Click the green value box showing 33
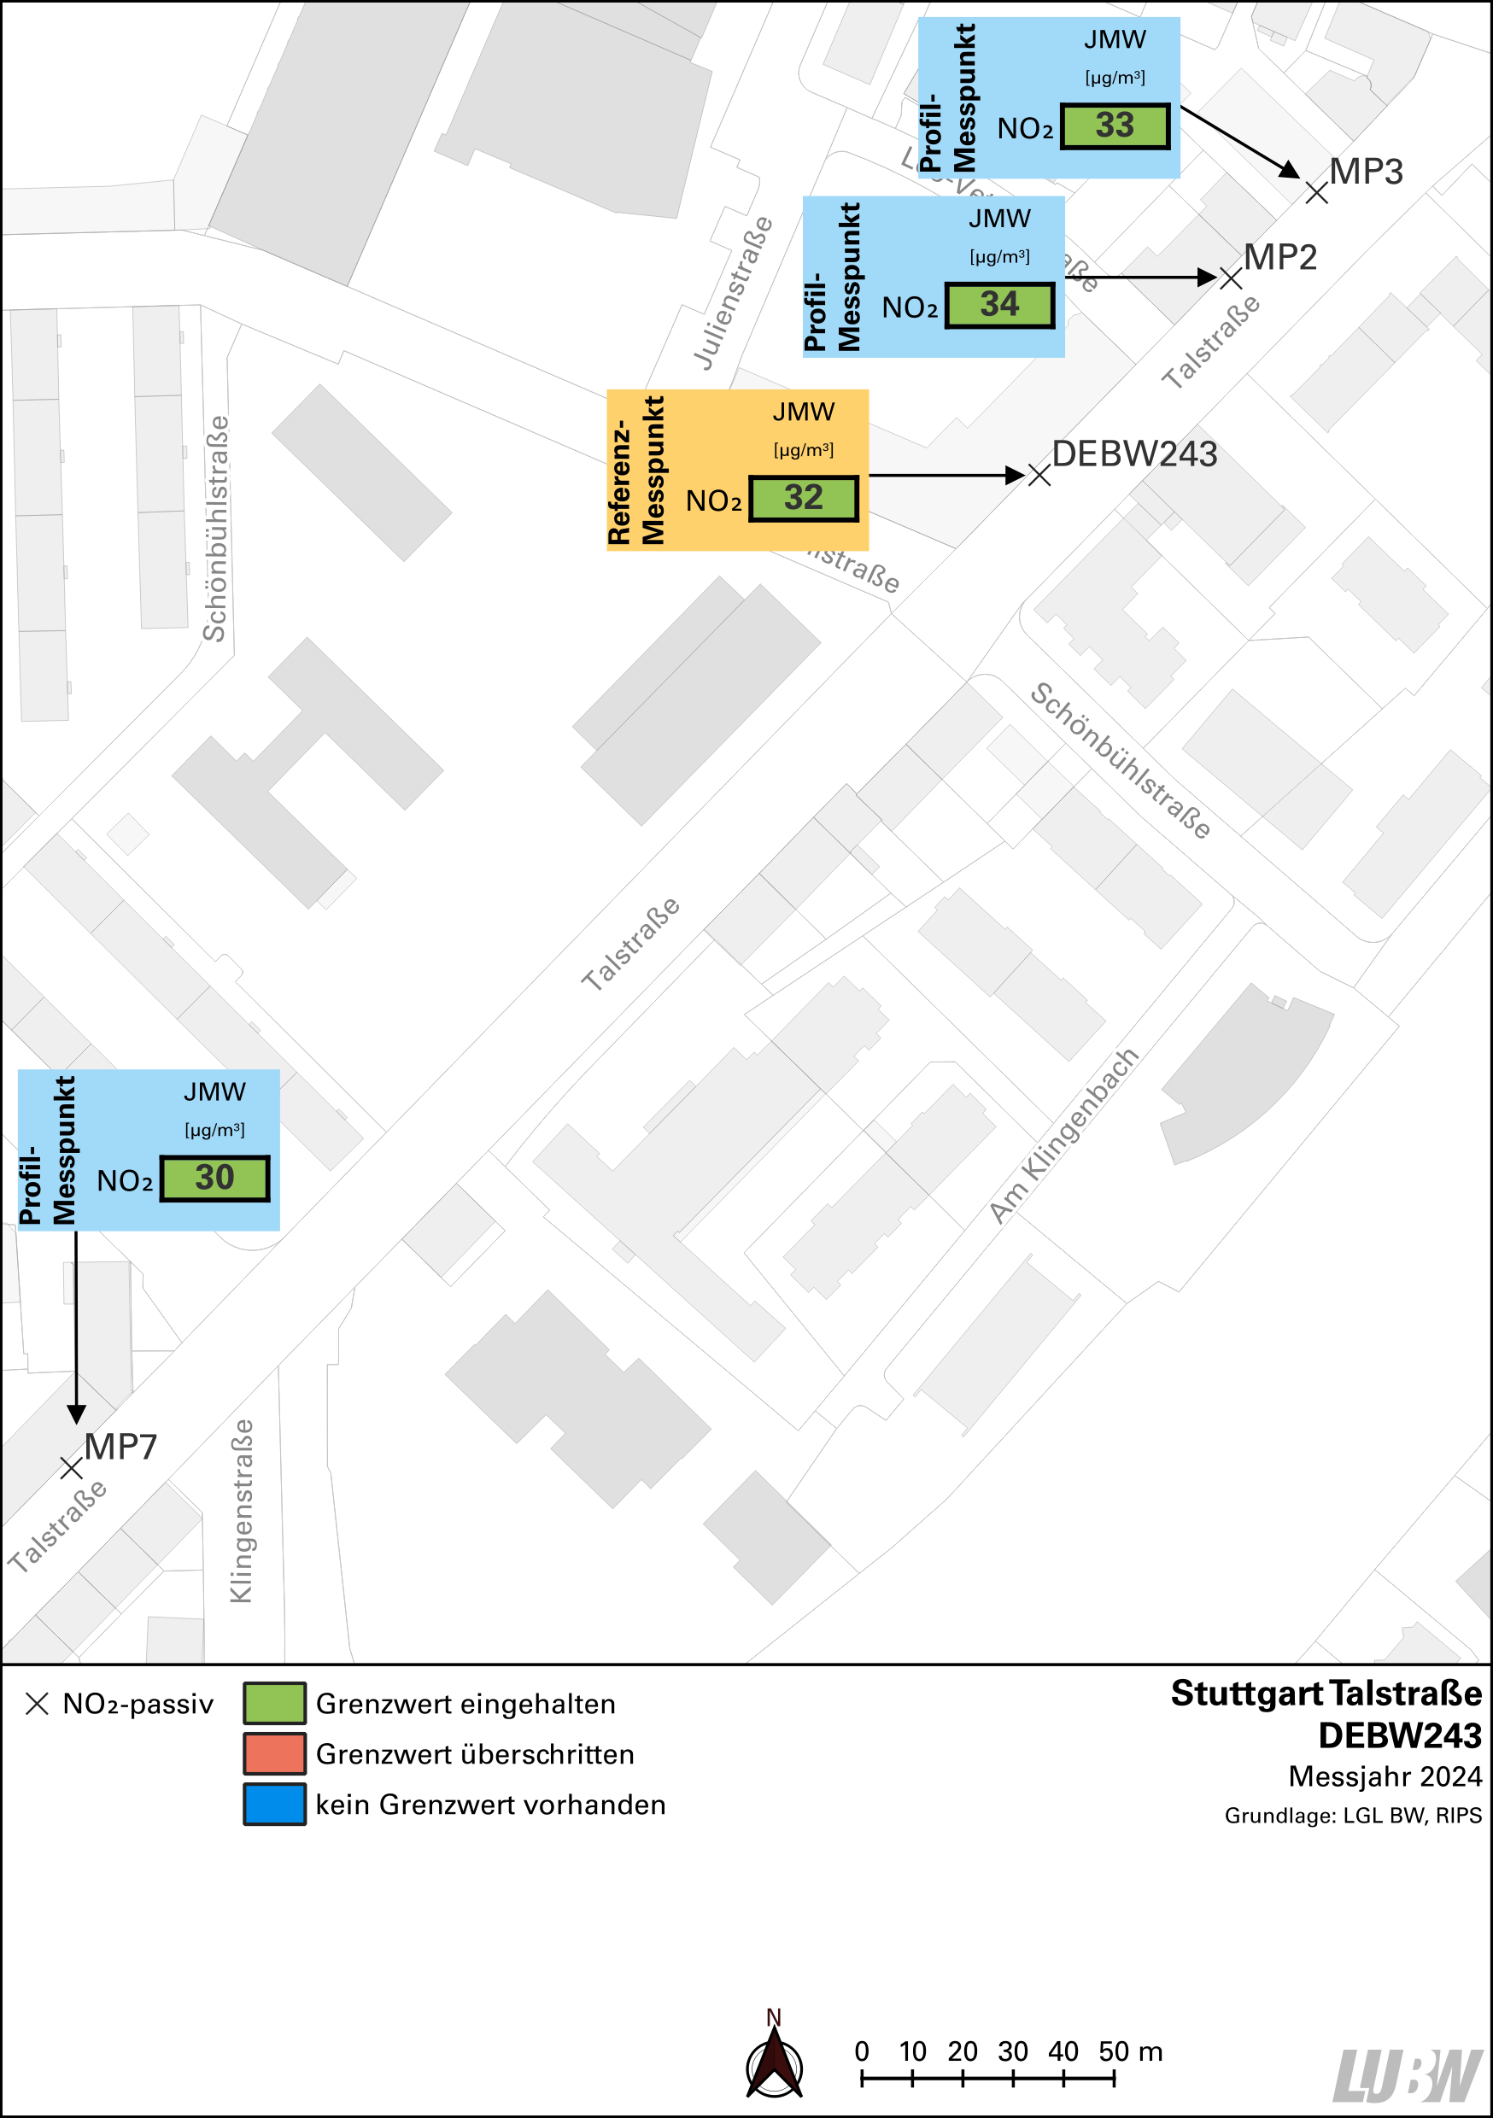pos(1115,126)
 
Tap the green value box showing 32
pos(803,498)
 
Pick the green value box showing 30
pos(215,1178)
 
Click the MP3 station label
pos(1366,173)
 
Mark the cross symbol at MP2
pos(1231,278)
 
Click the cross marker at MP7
pos(71,1468)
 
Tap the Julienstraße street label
pos(733,293)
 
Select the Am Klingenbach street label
pos(1064,1136)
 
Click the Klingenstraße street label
pos(241,1511)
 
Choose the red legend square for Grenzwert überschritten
pos(274,1753)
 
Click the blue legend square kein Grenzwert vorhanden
pos(274,1805)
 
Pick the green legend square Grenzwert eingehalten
pos(274,1703)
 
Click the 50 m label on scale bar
pos(1129,2051)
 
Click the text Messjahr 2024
pos(1385,1776)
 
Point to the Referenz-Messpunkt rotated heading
pos(635,471)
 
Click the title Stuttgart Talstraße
pos(1326,1694)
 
